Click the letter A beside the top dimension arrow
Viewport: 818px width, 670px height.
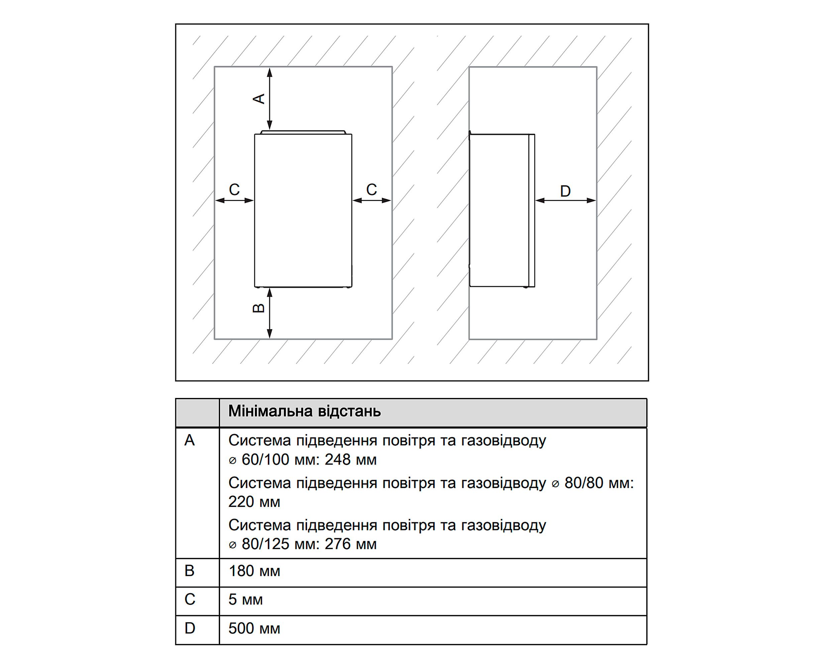[x=259, y=98]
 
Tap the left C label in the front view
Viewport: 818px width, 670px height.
[x=235, y=190]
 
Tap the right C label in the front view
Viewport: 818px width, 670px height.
[x=371, y=190]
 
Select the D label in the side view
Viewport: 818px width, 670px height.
[x=565, y=191]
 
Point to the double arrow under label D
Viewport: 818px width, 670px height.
[x=565, y=200]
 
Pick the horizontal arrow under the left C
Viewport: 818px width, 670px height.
[x=235, y=200]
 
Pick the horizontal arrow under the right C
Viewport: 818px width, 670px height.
[x=372, y=200]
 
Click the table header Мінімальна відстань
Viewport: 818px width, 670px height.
[x=304, y=411]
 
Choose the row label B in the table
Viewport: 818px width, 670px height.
[x=190, y=571]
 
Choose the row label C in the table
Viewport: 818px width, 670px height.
[x=190, y=599]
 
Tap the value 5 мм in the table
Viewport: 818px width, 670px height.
[x=246, y=600]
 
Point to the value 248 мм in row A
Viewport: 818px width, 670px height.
[x=350, y=460]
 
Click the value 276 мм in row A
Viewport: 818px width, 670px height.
[x=350, y=544]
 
